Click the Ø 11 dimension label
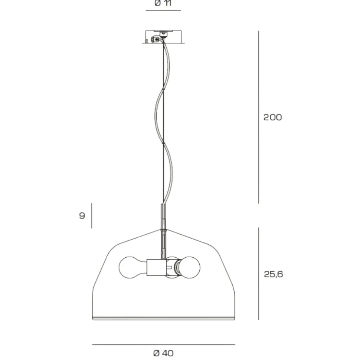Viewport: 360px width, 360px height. pos(163,3)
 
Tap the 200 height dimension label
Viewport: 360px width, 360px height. pos(272,117)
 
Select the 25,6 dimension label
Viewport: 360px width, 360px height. pos(273,274)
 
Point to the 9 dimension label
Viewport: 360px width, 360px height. pos(82,215)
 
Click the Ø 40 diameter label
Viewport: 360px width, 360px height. pos(163,353)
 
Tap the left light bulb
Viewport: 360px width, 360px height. pos(132,267)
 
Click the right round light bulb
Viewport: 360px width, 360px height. pos(189,267)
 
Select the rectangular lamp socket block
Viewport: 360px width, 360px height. pos(156,267)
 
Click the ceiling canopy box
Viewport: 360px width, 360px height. pos(163,37)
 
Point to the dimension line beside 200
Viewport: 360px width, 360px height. pos(259,117)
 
